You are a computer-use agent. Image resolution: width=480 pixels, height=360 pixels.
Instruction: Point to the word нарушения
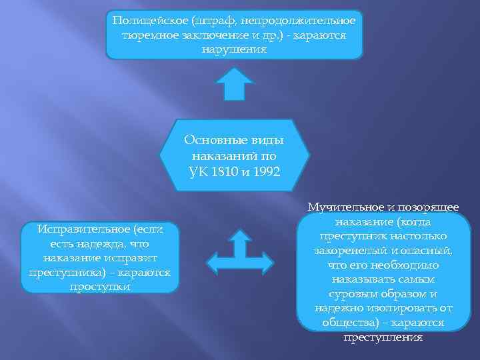[x=234, y=49]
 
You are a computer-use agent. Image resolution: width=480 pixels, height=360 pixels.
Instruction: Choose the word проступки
[x=100, y=287]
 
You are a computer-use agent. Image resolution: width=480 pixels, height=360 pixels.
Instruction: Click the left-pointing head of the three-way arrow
[x=212, y=262]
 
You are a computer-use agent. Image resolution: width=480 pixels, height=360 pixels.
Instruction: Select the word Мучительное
[x=347, y=207]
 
